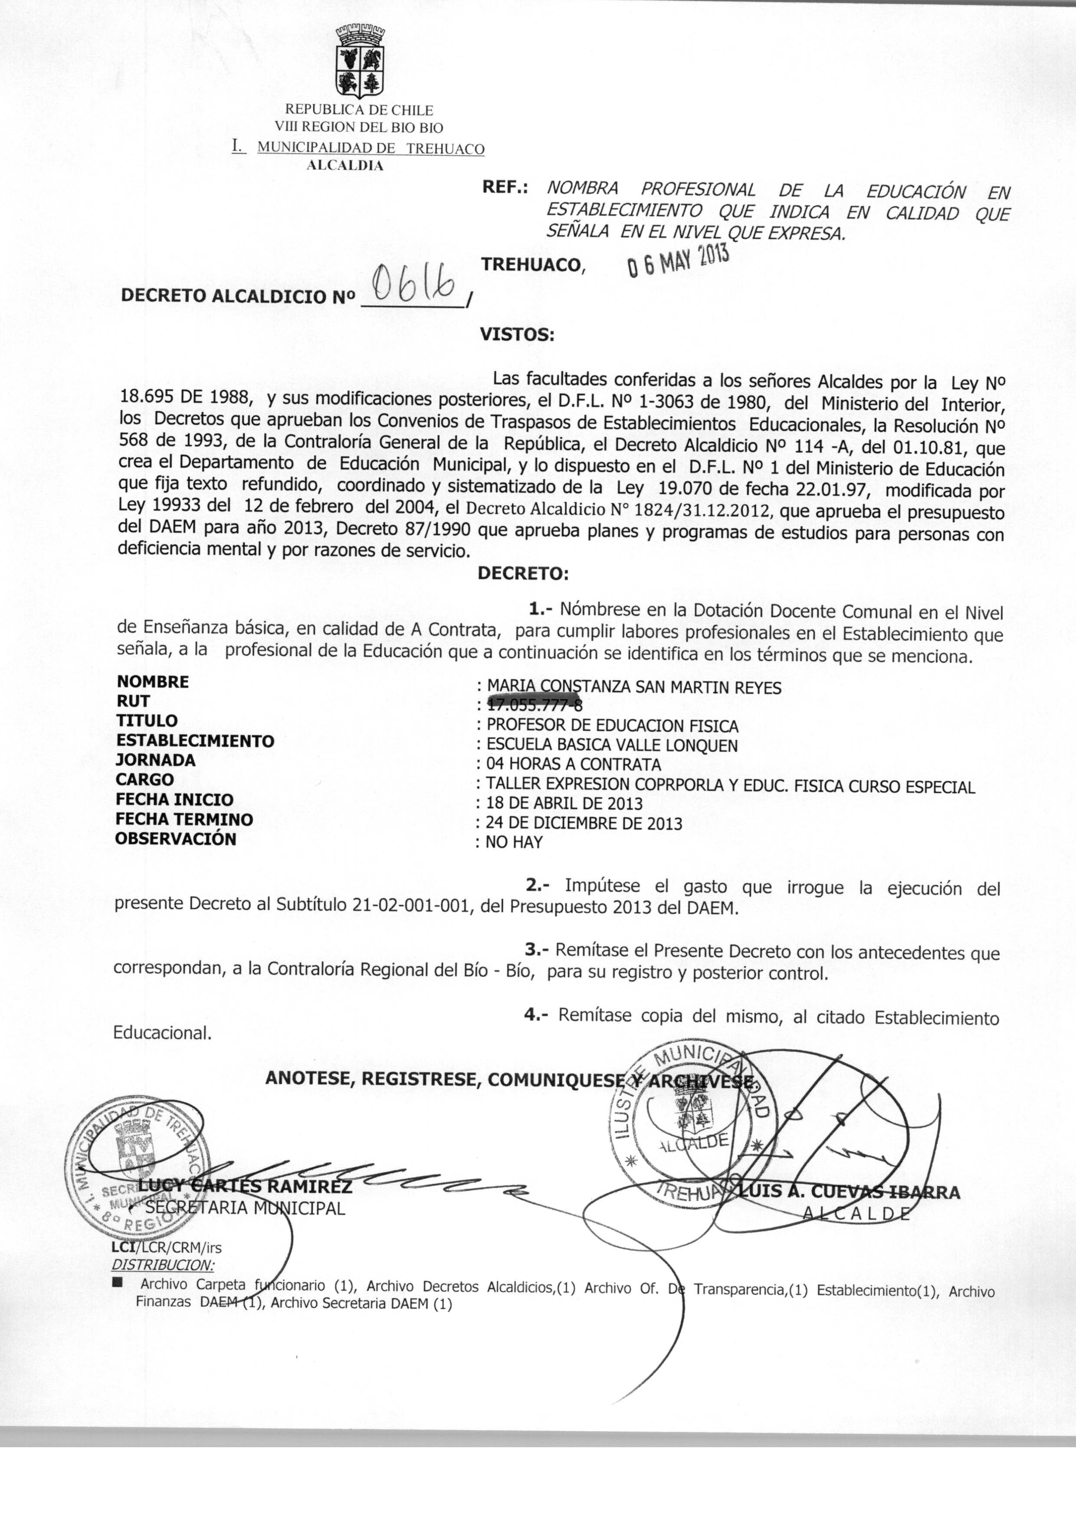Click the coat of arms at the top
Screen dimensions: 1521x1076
(x=359, y=61)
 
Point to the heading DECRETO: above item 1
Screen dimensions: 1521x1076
(x=523, y=573)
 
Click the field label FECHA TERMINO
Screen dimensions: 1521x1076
(x=184, y=819)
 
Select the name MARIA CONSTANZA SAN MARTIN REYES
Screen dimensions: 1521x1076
(x=634, y=687)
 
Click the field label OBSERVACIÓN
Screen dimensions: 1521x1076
(x=176, y=838)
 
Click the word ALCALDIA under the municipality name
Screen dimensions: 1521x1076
(x=344, y=166)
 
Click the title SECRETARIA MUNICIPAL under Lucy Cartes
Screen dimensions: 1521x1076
(x=245, y=1208)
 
